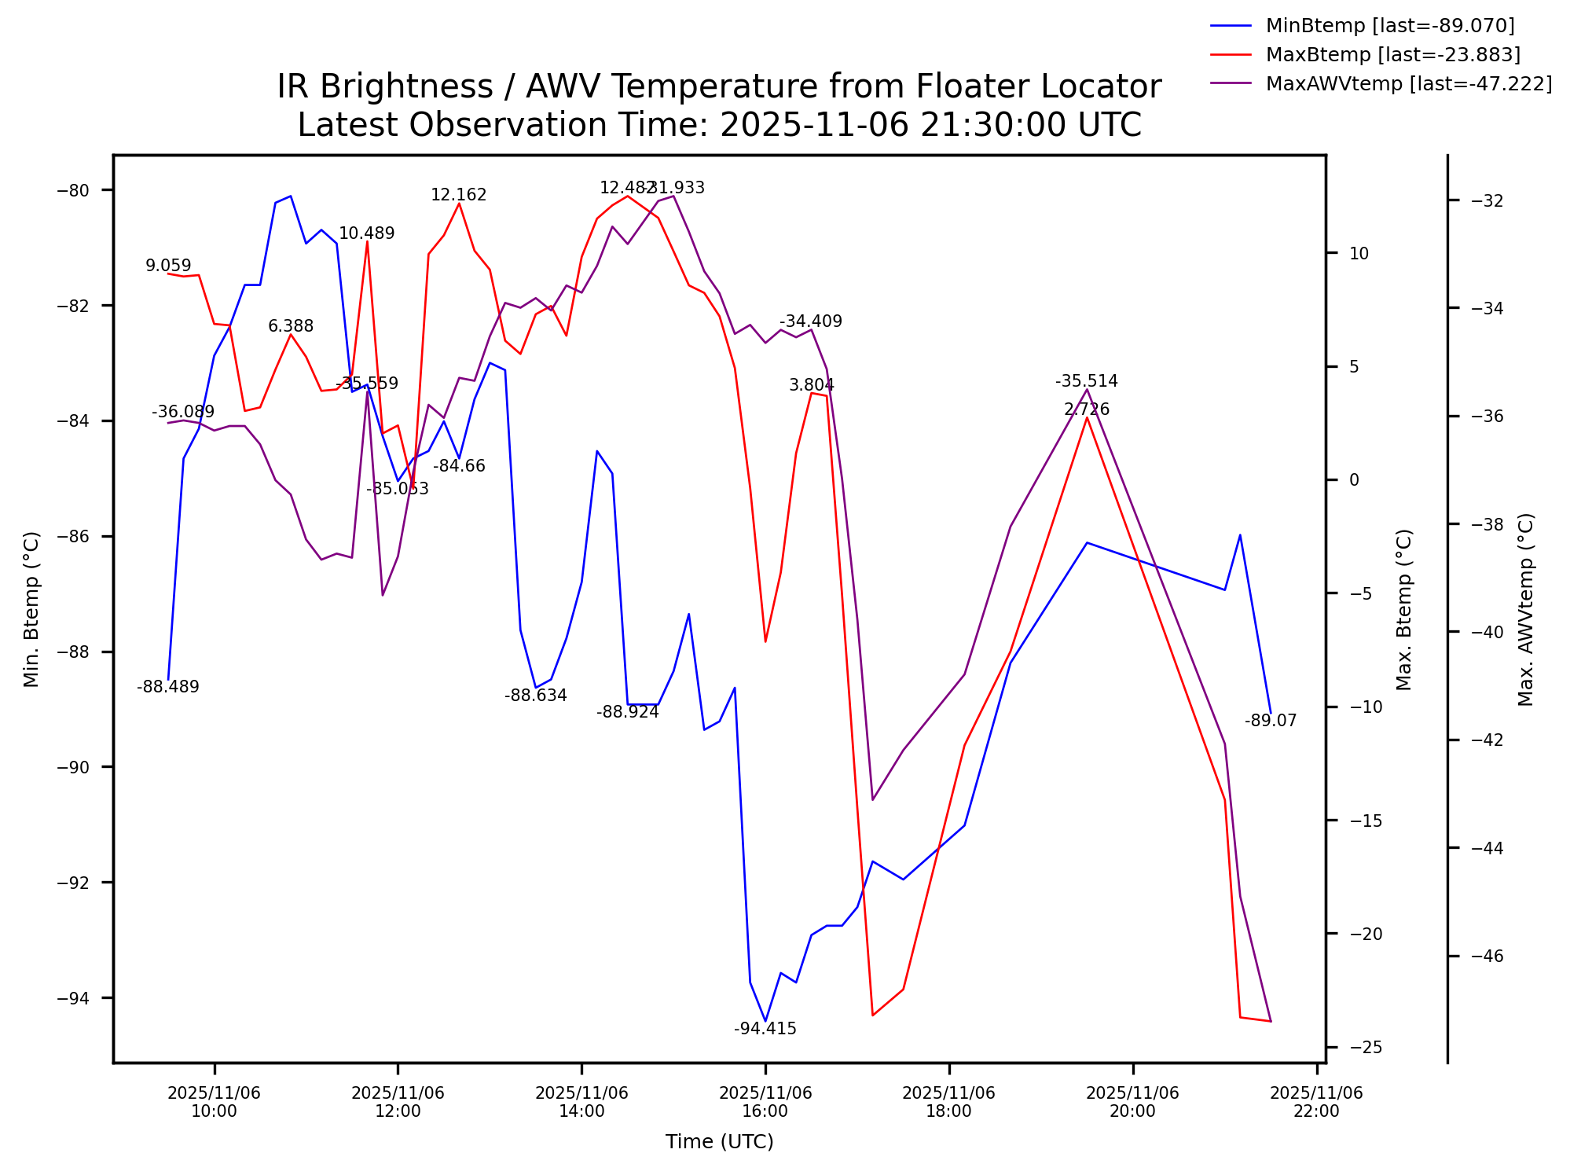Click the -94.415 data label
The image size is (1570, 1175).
765,1029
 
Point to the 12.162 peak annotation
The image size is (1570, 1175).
458,195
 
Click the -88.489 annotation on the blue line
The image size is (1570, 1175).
167,687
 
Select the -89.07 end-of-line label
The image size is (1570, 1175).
1270,721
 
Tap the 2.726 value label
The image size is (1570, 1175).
1086,409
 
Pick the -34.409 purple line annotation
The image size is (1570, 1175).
810,321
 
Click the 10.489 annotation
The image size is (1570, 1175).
366,233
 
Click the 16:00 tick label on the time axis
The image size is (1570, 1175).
765,1102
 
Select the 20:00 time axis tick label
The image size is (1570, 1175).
1132,1102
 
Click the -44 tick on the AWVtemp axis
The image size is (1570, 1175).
1486,848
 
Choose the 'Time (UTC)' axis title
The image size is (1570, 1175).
719,1142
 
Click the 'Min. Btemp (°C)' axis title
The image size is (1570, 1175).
31,609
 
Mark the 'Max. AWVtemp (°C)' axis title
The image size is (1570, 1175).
1525,609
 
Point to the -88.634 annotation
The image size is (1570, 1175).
535,696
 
